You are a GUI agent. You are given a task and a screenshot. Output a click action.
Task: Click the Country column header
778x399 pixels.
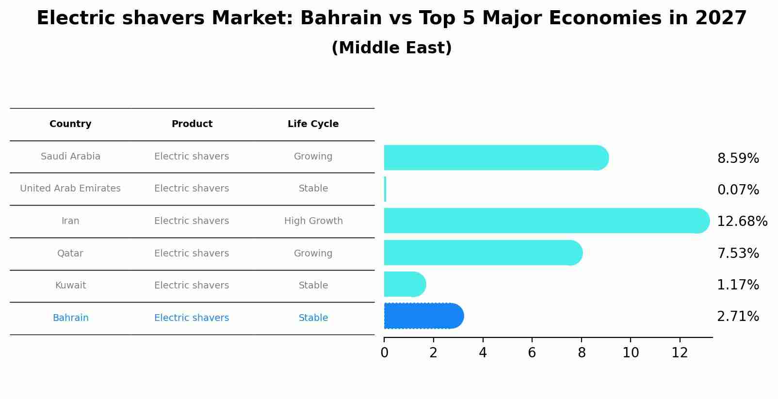point(70,124)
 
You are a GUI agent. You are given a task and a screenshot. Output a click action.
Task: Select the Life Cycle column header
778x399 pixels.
point(313,124)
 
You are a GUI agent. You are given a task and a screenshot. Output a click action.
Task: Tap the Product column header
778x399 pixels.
point(192,124)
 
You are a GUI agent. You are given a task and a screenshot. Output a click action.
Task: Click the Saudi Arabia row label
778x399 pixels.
point(70,157)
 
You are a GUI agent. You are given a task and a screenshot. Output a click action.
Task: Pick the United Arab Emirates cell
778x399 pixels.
point(70,189)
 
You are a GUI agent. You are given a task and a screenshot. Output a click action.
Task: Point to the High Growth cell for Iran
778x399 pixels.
point(313,221)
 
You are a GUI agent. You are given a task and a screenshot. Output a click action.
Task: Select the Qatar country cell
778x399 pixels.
point(70,254)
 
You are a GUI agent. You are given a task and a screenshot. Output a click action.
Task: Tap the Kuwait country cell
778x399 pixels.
point(70,286)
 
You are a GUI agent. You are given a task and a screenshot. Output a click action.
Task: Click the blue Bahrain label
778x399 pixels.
point(70,318)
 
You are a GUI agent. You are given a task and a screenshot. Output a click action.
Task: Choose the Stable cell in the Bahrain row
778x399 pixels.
point(313,318)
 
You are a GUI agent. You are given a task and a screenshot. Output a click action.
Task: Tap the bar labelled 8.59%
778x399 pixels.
point(495,158)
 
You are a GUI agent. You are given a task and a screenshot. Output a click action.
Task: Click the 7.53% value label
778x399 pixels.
point(738,254)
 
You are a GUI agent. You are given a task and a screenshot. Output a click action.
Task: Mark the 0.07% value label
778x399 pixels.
point(738,190)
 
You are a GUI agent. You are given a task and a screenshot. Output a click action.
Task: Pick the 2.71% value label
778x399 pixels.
point(738,317)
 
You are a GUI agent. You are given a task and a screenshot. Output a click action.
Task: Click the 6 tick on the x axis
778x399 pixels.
point(532,353)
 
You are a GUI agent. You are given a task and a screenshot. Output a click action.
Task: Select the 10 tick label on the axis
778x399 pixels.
point(631,353)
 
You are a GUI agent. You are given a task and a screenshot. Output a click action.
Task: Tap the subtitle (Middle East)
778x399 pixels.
point(391,48)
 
